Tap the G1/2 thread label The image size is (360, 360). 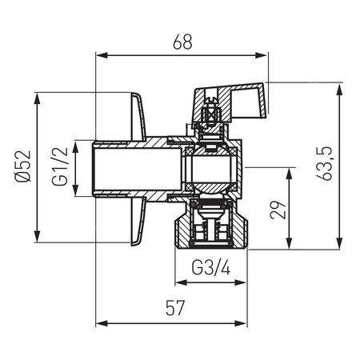pyautogui.click(x=59, y=168)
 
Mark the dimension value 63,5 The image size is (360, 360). pyautogui.click(x=327, y=164)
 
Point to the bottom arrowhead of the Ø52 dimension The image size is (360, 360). pyautogui.click(x=37, y=236)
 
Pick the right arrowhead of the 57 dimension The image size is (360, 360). pyautogui.click(x=242, y=323)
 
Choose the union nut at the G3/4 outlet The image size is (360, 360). pyautogui.click(x=210, y=228)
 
